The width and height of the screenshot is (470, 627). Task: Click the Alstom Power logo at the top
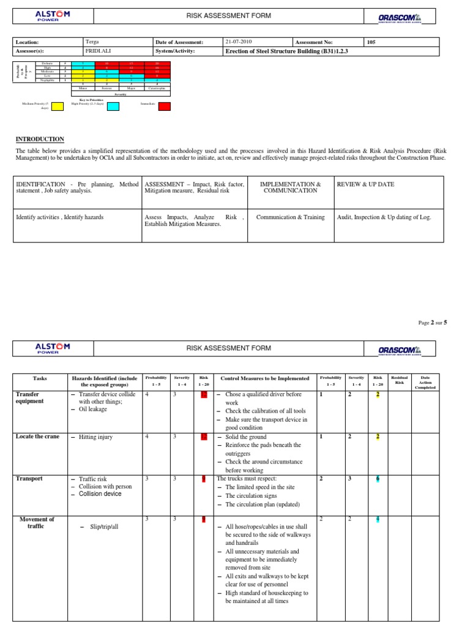[52, 17]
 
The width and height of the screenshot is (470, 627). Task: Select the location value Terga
[92, 42]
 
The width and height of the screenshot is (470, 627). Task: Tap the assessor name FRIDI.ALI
[99, 51]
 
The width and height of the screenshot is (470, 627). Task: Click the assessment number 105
[371, 42]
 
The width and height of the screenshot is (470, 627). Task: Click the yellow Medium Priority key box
[58, 106]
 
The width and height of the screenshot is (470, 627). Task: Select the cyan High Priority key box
[113, 106]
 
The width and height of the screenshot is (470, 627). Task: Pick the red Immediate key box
[164, 106]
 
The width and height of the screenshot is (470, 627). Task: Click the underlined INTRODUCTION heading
[40, 140]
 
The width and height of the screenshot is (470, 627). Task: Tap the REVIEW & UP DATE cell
[365, 184]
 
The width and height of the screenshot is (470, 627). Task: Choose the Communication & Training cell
[291, 217]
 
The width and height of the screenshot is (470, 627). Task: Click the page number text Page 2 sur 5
[433, 322]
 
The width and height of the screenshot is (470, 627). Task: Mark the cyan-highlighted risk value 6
[378, 479]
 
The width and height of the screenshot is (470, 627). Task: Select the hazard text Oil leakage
[93, 410]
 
